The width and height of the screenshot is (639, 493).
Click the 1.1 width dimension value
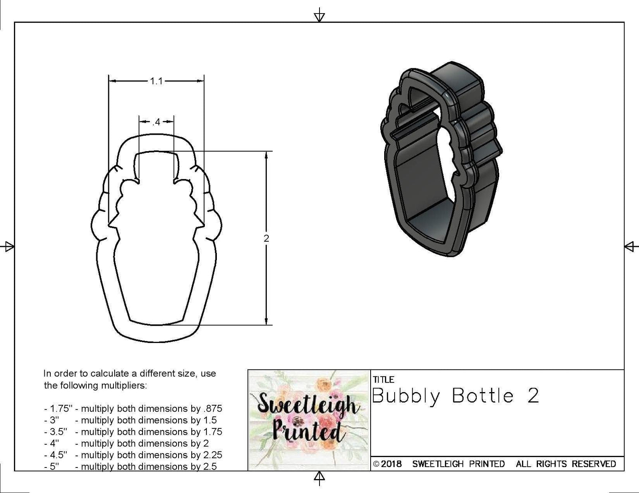click(156, 81)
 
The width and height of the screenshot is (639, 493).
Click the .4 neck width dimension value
click(156, 122)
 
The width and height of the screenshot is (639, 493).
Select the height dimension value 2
click(266, 239)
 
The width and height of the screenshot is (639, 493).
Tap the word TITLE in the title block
click(383, 380)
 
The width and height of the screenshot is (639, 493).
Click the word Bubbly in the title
click(406, 396)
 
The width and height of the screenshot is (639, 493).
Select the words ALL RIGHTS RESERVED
click(566, 464)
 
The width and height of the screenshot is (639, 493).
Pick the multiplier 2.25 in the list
click(212, 455)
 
